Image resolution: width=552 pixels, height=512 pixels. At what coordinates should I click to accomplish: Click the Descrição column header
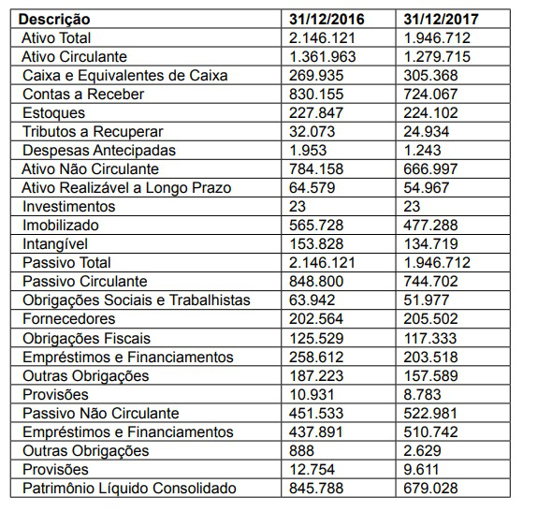[x=55, y=19]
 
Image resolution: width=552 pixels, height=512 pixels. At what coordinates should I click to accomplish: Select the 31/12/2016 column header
[x=328, y=19]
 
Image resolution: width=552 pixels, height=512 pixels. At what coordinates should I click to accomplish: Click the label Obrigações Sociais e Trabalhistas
[x=137, y=300]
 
